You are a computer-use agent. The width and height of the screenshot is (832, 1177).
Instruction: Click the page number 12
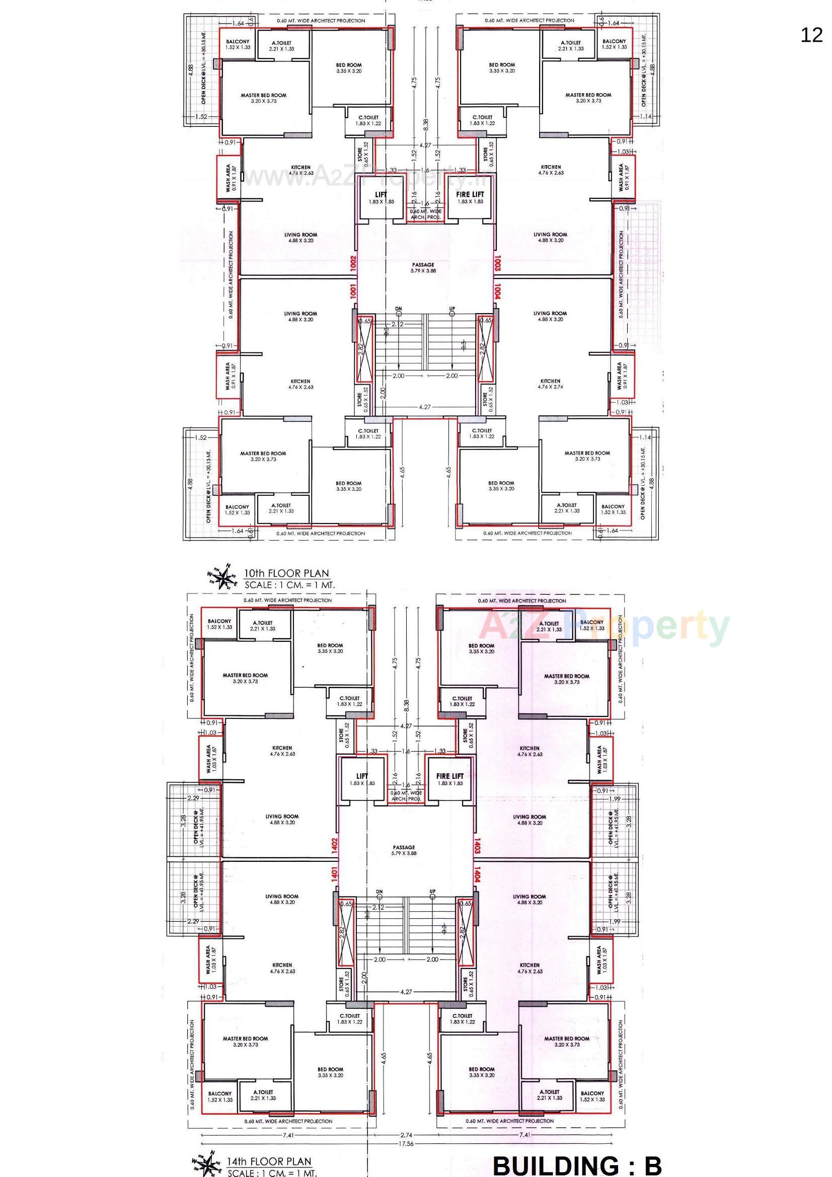[811, 35]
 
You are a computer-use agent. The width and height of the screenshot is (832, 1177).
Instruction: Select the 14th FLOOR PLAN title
[270, 1160]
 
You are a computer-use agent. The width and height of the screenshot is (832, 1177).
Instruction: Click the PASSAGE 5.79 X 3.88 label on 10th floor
[423, 268]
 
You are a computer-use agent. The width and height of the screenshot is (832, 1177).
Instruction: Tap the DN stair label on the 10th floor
[398, 309]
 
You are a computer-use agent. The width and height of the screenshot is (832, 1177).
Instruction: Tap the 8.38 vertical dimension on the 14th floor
[406, 705]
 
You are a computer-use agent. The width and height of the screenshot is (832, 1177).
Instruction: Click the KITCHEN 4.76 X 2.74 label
[550, 384]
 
